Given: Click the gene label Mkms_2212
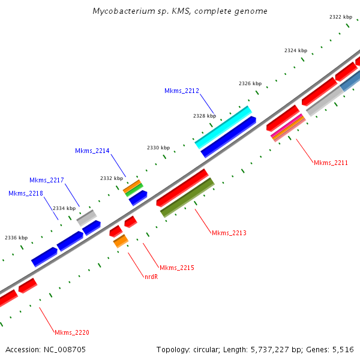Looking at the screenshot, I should tap(181, 91).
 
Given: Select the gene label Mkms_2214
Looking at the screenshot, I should tap(92, 151).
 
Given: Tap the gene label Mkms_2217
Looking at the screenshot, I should tap(46, 180).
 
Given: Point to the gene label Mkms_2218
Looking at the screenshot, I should tap(25, 193).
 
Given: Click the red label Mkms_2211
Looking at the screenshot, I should tap(331, 162).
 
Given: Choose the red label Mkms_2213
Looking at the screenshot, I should tap(229, 232).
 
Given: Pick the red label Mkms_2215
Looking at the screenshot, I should tap(176, 267).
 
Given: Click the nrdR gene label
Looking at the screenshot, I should tap(151, 277).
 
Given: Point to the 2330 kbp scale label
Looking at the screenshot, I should tap(158, 147).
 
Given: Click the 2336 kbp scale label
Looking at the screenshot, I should tap(16, 238).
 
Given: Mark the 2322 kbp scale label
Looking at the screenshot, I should tap(341, 17).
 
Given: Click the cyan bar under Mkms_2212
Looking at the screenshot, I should tap(223, 127).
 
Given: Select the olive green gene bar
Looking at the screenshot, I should tap(187, 197).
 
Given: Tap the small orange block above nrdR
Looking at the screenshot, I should tap(121, 241).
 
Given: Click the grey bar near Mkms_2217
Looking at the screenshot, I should tap(86, 217).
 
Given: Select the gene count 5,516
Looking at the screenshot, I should tap(342, 349).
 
